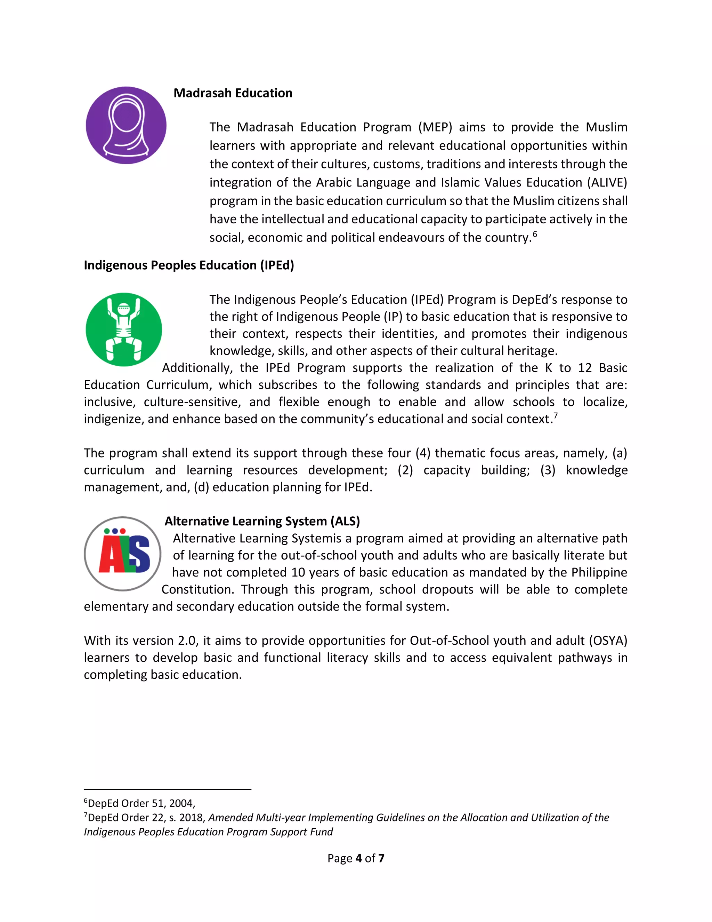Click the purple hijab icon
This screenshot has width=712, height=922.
pos(126,125)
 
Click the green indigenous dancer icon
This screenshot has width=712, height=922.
pos(123,329)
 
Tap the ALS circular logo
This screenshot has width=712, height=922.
pos(122,554)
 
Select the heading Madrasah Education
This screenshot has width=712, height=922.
pos(233,93)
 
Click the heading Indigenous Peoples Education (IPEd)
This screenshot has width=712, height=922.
pos(188,265)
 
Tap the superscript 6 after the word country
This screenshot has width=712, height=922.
pos(535,233)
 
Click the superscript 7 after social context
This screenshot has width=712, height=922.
pos(556,415)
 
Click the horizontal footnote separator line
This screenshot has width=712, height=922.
pos(168,789)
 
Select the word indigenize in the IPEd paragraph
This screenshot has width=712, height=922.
pos(112,419)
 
